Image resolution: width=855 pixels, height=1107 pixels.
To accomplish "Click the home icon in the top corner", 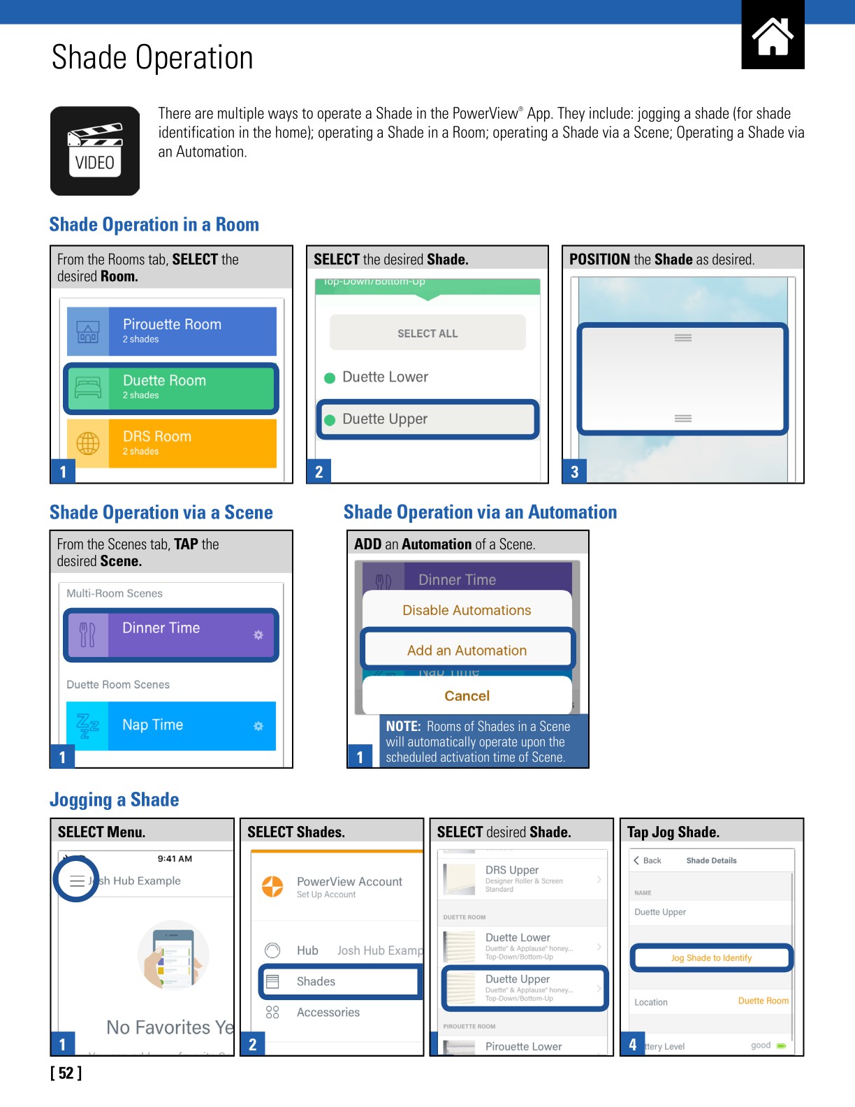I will coord(773,36).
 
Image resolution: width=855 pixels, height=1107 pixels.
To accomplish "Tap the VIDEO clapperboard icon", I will coord(95,151).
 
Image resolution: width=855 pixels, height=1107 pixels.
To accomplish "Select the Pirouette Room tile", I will coord(171,331).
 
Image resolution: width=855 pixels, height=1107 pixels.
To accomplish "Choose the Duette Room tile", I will coord(171,387).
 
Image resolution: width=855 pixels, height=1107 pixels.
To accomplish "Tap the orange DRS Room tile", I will coord(171,443).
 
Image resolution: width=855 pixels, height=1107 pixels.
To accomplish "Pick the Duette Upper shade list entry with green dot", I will coord(427,419).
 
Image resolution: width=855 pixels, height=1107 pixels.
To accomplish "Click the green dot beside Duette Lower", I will coord(330,378).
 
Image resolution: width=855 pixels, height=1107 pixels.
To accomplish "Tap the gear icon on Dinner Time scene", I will coord(258,635).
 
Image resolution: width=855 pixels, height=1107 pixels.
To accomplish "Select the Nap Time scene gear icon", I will coord(258,726).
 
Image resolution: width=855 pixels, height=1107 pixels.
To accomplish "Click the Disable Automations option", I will coord(467,610).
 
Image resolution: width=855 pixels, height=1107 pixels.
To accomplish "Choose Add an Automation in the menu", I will coord(467,651).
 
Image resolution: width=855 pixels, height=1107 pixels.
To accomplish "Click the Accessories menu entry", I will coord(328,1012).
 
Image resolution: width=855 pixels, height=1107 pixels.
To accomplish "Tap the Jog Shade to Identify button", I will coord(711,958).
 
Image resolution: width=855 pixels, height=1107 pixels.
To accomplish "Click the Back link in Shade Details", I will coord(648,860).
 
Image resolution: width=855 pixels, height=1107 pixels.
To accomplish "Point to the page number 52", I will coord(66,1073).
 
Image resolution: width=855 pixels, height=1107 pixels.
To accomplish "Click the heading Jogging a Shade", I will coord(115,799).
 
